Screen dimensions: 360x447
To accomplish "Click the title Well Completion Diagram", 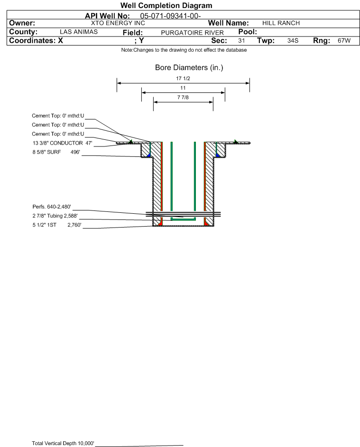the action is (166, 5).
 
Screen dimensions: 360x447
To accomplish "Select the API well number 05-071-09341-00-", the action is (170, 16).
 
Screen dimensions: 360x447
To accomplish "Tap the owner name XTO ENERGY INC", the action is (118, 23).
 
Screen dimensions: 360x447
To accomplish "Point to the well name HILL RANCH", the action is (281, 23).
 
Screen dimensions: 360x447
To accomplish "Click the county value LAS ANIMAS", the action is (79, 32).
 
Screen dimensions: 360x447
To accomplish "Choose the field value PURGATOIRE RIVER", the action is (192, 33).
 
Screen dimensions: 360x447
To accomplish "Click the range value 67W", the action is (344, 40).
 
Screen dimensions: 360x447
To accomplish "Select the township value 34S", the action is (293, 40).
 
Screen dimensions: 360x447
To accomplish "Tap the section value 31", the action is (241, 40).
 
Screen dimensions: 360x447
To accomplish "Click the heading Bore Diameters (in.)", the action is (189, 68).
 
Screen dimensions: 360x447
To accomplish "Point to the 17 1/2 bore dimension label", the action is (183, 78).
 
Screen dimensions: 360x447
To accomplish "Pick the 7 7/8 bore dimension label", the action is (183, 98).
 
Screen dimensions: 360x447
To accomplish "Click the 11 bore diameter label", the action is (183, 88).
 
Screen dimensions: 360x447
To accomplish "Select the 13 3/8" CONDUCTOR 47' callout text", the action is (63, 143).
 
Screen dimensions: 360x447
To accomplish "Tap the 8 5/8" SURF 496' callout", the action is (56, 152).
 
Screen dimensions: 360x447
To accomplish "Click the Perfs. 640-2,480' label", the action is (52, 207).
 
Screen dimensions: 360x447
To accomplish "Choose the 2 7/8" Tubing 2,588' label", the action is (55, 216).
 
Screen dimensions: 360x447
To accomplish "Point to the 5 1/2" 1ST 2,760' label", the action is (57, 225).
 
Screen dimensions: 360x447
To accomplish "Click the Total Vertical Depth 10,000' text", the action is (63, 443).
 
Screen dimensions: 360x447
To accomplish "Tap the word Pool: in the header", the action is (248, 32).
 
